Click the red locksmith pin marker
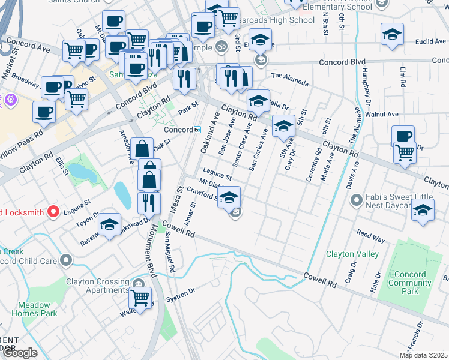[53, 212]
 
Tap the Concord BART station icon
[197, 130]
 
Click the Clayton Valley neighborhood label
[352, 254]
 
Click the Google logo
[20, 353]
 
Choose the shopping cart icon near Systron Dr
[140, 297]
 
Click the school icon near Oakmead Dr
[109, 225]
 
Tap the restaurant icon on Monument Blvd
[149, 202]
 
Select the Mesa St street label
[175, 198]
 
